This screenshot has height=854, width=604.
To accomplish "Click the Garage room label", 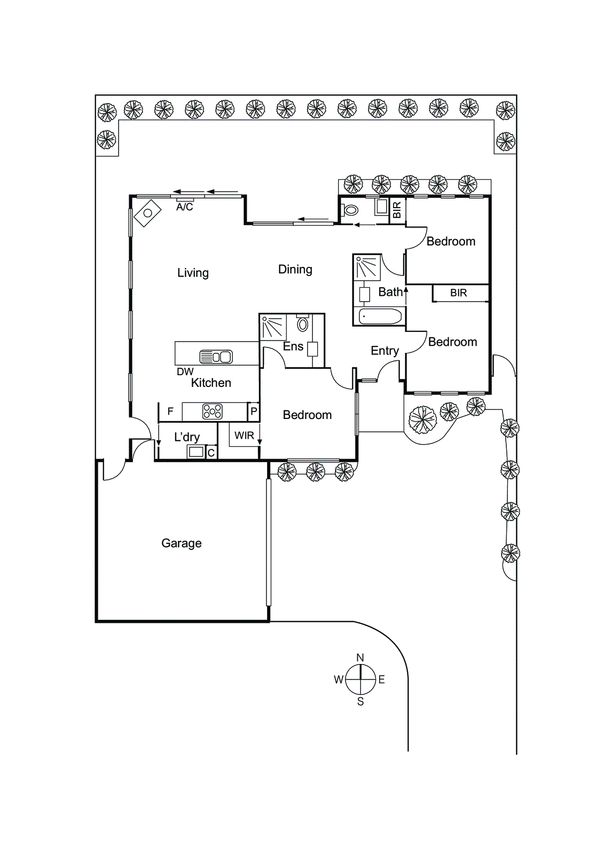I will pyautogui.click(x=182, y=543).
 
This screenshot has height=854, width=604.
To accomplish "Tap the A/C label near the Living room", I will pyautogui.click(x=184, y=207).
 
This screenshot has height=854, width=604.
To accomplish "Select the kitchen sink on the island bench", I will pyautogui.click(x=216, y=356).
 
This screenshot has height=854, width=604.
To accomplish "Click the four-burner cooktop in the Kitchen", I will pyautogui.click(x=213, y=412).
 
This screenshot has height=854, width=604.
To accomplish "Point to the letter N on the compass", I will pyautogui.click(x=360, y=658).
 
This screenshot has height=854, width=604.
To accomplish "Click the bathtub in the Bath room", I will pyautogui.click(x=380, y=317).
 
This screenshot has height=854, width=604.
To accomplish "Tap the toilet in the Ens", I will pyautogui.click(x=303, y=323).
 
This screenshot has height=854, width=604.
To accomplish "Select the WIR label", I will pyautogui.click(x=244, y=436).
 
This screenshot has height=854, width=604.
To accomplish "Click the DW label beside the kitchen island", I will pyautogui.click(x=185, y=371).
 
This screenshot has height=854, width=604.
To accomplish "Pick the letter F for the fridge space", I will pyautogui.click(x=170, y=412).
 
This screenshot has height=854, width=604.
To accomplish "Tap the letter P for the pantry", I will pyautogui.click(x=254, y=412).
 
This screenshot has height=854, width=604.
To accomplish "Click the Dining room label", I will pyautogui.click(x=295, y=270).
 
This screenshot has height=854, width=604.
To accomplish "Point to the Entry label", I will pyautogui.click(x=385, y=351).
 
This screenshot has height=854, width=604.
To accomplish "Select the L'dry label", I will pyautogui.click(x=187, y=437).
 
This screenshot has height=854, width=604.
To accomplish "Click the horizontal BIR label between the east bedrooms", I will pyautogui.click(x=458, y=293).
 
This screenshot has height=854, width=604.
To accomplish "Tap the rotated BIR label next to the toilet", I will pyautogui.click(x=397, y=210).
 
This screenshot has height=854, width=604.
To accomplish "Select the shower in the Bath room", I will pyautogui.click(x=367, y=267).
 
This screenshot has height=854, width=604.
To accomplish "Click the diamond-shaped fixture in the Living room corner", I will pyautogui.click(x=148, y=213).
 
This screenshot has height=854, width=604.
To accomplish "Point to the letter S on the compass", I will pyautogui.click(x=360, y=702).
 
